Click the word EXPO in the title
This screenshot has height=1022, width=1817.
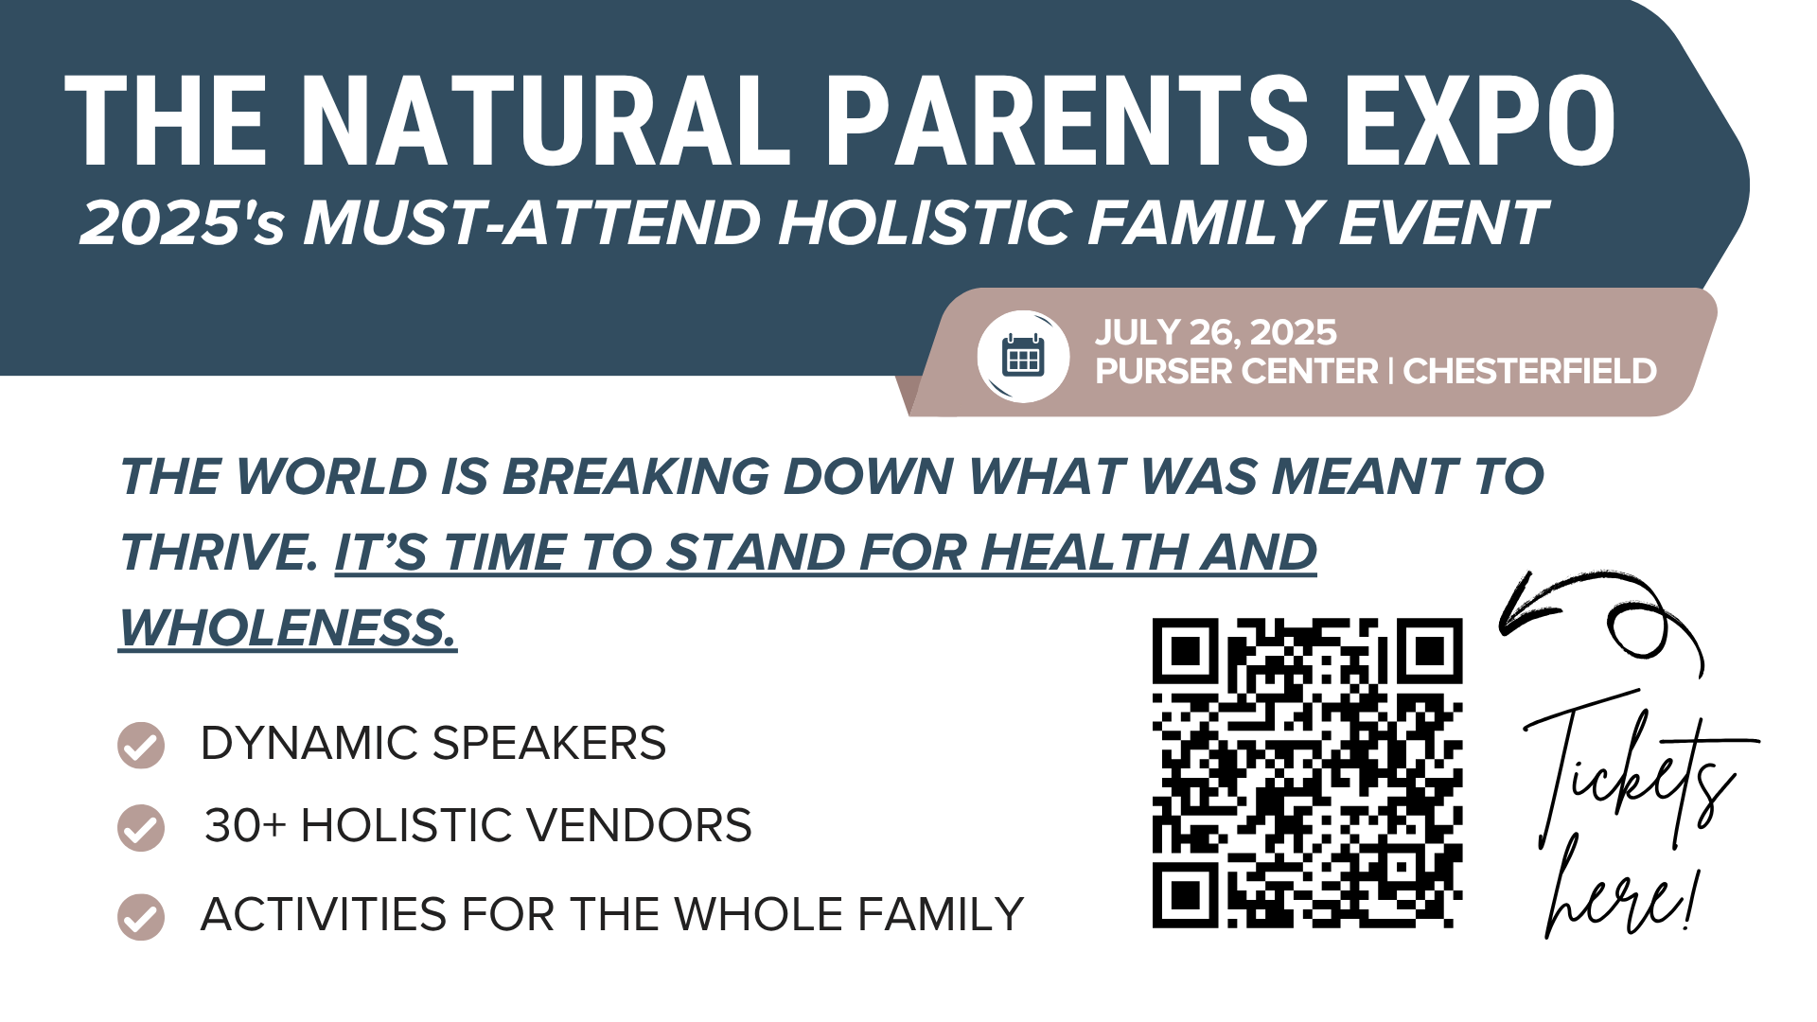point(1480,121)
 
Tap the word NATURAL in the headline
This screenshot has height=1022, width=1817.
point(546,121)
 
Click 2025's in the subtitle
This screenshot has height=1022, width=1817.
point(181,223)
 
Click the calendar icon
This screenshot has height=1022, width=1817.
point(1023,356)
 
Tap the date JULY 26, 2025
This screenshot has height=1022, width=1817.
point(1216,332)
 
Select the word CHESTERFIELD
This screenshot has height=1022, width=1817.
point(1529,371)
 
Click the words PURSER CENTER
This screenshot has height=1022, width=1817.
point(1237,371)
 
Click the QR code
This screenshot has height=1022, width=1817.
point(1307,773)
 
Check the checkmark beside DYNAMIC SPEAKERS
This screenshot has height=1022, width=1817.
point(141,745)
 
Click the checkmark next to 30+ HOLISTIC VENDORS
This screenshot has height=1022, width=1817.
point(141,828)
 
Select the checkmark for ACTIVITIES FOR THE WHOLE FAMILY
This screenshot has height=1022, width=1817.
point(141,917)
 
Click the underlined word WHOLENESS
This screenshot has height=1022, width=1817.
point(288,627)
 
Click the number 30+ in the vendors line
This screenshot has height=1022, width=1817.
point(245,825)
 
